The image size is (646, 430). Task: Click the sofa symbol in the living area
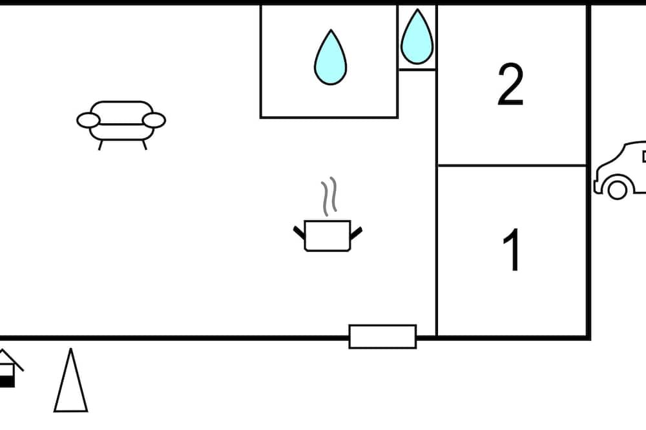click(x=121, y=125)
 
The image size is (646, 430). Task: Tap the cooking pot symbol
click(x=328, y=236)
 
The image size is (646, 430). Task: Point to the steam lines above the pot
click(x=329, y=196)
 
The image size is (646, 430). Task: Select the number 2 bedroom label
click(x=510, y=85)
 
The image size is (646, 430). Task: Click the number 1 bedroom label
click(x=511, y=250)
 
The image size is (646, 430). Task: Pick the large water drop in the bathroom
click(x=330, y=57)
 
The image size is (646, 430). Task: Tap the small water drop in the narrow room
click(x=417, y=37)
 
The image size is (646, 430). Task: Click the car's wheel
click(x=617, y=189)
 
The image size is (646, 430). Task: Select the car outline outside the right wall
click(x=620, y=170)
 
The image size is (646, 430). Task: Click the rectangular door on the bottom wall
click(x=382, y=336)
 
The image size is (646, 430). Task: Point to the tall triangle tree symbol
click(x=71, y=380)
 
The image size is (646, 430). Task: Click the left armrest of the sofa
click(x=88, y=120)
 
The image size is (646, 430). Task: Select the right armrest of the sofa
click(x=154, y=120)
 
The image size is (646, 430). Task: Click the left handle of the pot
click(x=299, y=232)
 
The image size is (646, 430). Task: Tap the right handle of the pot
click(x=357, y=232)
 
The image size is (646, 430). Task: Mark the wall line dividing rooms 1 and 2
click(x=512, y=165)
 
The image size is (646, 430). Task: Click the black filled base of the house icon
click(x=7, y=382)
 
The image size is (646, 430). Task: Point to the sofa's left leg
click(x=100, y=145)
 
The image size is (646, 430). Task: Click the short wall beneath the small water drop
click(x=417, y=70)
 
